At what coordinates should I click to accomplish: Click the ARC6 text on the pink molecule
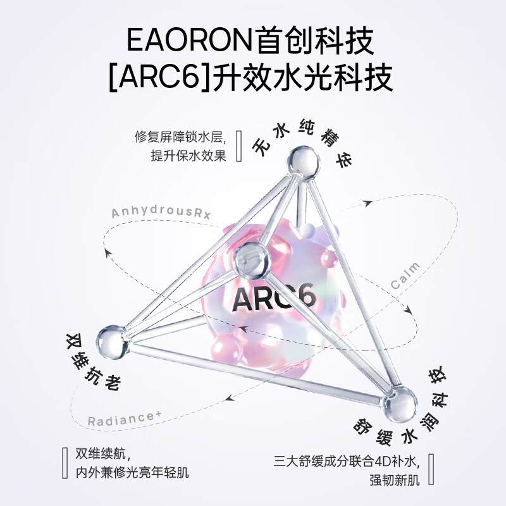pos(273,297)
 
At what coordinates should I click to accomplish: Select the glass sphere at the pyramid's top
pos(303,161)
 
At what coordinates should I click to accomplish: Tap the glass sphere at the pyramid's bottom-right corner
pos(398,404)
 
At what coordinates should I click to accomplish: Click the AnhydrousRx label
pos(161,213)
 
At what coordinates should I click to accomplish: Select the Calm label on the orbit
pos(405,276)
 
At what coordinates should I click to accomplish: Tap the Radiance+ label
pos(125,419)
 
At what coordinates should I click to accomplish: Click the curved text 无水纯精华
pos(302,141)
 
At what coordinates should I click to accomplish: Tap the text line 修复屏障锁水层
pos(180,137)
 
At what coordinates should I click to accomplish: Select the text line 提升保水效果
pos(188,156)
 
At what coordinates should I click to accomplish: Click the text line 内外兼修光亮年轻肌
pos(132,472)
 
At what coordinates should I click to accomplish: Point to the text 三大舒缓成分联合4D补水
pos(347,461)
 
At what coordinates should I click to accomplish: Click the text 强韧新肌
pos(394,480)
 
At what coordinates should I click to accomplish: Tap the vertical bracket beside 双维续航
pos(65,462)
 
